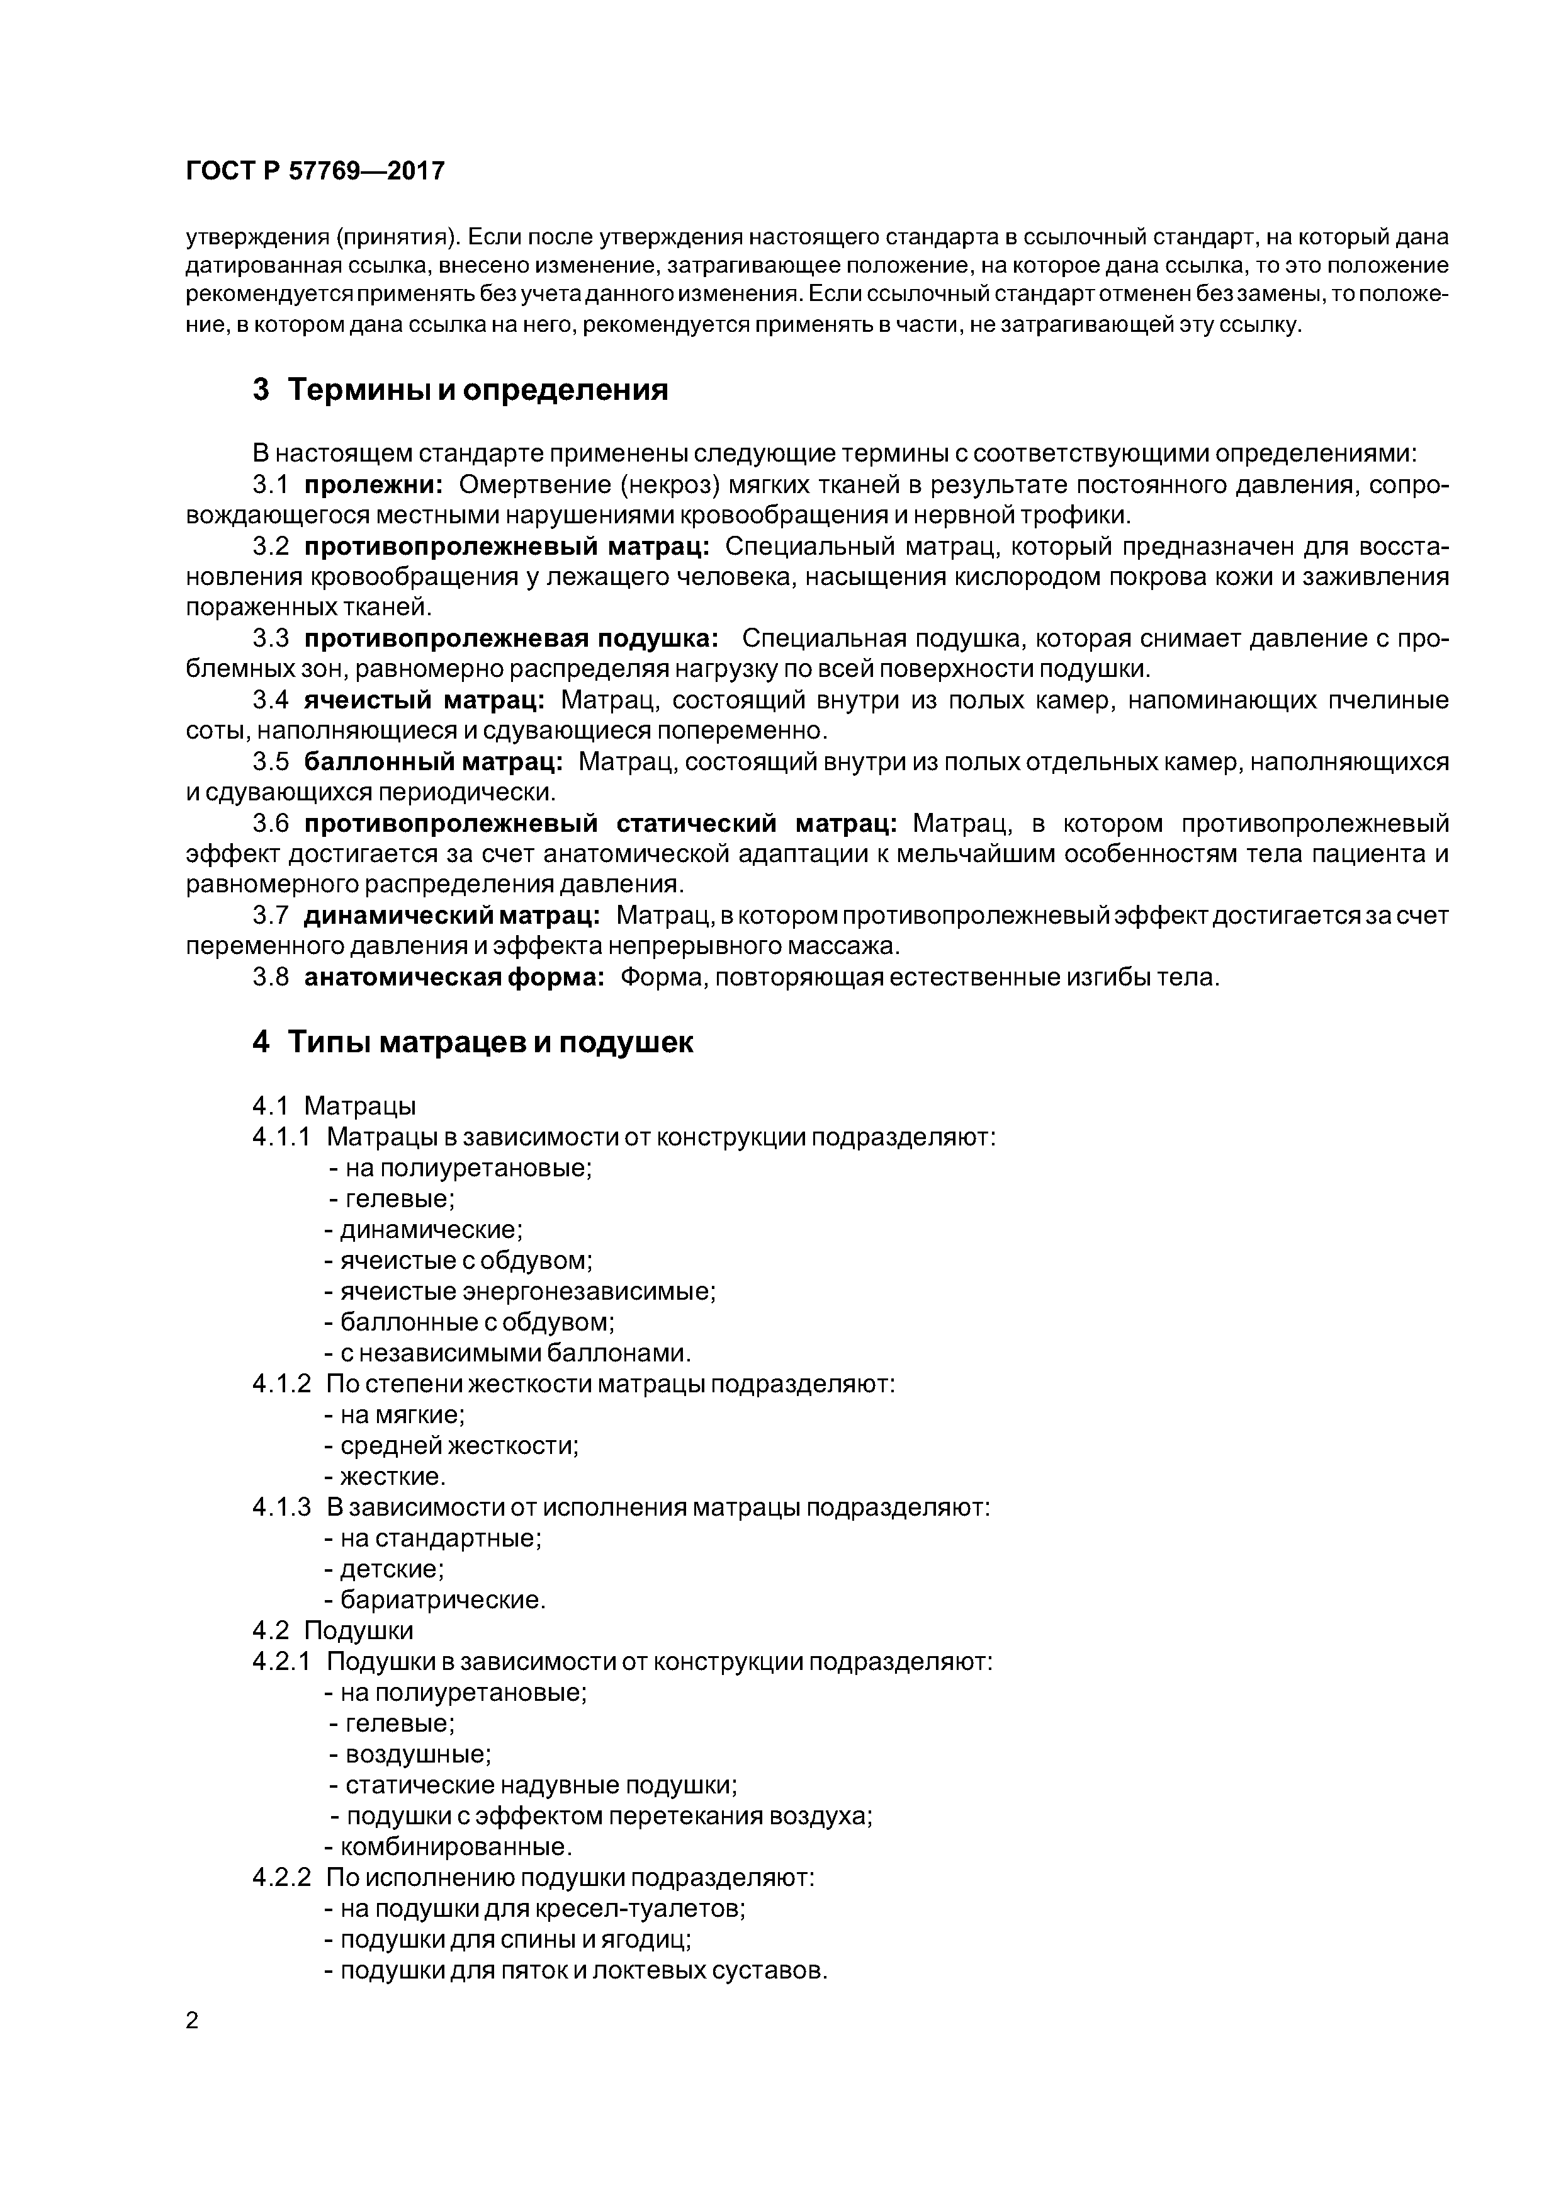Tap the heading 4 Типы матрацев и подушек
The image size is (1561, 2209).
coord(472,1042)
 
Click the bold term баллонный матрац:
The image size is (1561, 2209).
coord(434,762)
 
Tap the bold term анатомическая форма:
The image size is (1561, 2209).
coord(454,977)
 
